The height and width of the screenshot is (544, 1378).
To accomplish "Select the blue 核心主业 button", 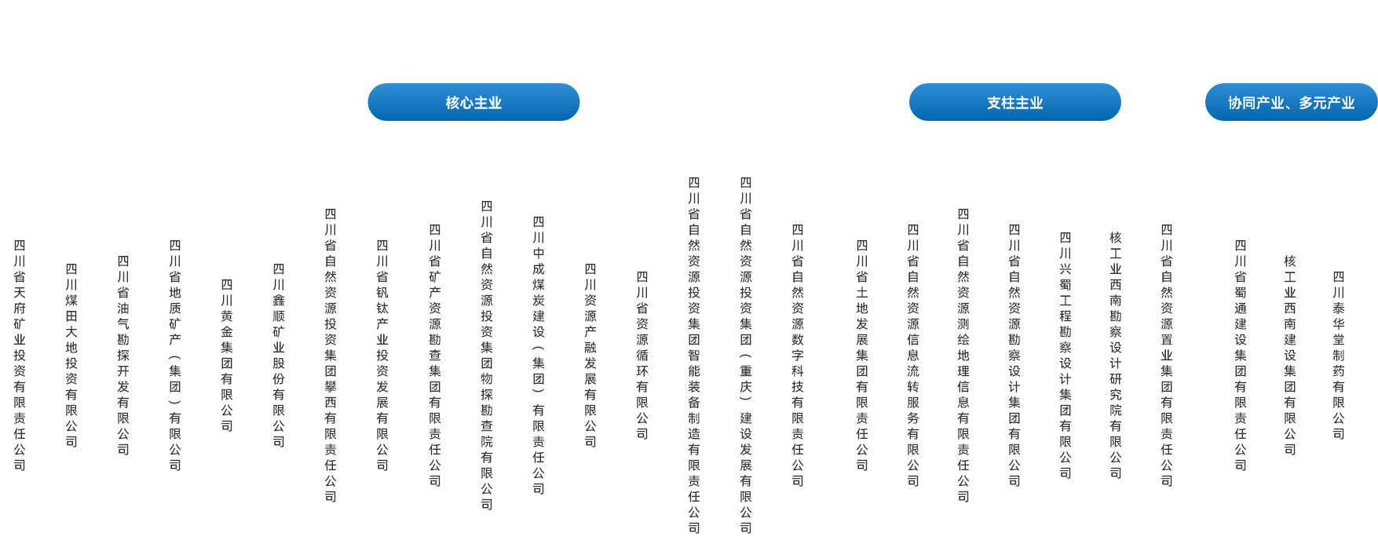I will (x=473, y=103).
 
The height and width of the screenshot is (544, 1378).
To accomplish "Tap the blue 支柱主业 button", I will (x=1014, y=103).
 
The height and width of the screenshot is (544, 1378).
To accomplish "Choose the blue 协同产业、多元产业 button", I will (x=1291, y=103).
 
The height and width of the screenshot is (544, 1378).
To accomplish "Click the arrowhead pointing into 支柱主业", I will (x=1015, y=78).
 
